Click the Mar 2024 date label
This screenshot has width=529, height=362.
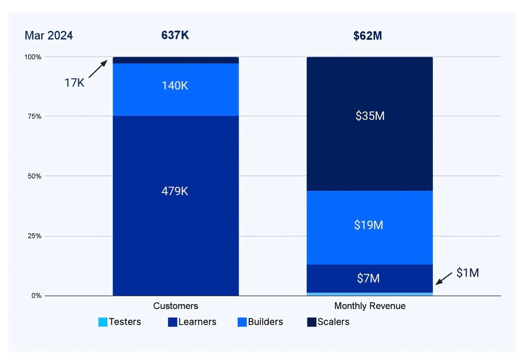tap(49, 36)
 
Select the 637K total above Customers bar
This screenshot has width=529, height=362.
tap(175, 35)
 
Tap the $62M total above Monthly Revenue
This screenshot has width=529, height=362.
tap(368, 36)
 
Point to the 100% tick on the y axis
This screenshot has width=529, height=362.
tap(33, 57)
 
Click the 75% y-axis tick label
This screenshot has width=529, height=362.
tap(34, 116)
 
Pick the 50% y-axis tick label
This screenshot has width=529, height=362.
tap(34, 176)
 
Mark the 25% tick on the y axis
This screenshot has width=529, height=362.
tap(34, 236)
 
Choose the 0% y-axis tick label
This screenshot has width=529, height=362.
tap(36, 296)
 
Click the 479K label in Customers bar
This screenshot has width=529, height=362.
tap(175, 191)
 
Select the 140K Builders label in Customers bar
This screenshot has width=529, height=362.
tap(175, 86)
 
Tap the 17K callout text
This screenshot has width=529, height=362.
tap(74, 83)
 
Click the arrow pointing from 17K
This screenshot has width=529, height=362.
tap(98, 69)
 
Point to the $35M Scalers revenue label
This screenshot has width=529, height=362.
tap(370, 116)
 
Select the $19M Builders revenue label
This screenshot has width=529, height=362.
tap(369, 225)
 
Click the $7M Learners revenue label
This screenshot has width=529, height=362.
tap(368, 279)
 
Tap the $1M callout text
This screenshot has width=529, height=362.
tap(468, 273)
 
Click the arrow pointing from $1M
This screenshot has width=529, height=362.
tap(444, 278)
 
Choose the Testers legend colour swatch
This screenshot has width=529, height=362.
tap(103, 322)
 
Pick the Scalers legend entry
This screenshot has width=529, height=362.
tap(328, 322)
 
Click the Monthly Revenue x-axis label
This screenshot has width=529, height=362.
tap(370, 306)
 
